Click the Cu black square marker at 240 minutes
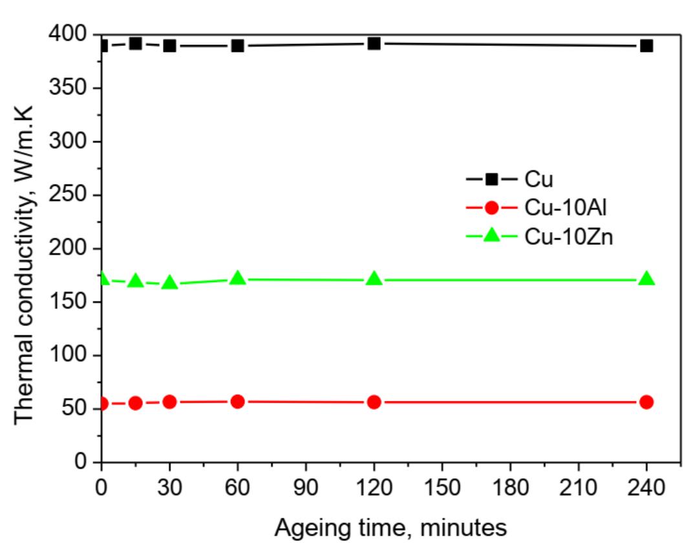(x=646, y=46)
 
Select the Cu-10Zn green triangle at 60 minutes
(x=237, y=278)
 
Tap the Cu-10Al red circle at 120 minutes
(x=374, y=402)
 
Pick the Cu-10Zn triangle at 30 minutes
(x=169, y=282)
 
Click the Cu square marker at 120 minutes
(x=374, y=44)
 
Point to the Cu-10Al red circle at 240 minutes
(x=646, y=402)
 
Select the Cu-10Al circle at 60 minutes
(x=237, y=401)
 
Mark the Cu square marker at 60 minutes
(x=237, y=46)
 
